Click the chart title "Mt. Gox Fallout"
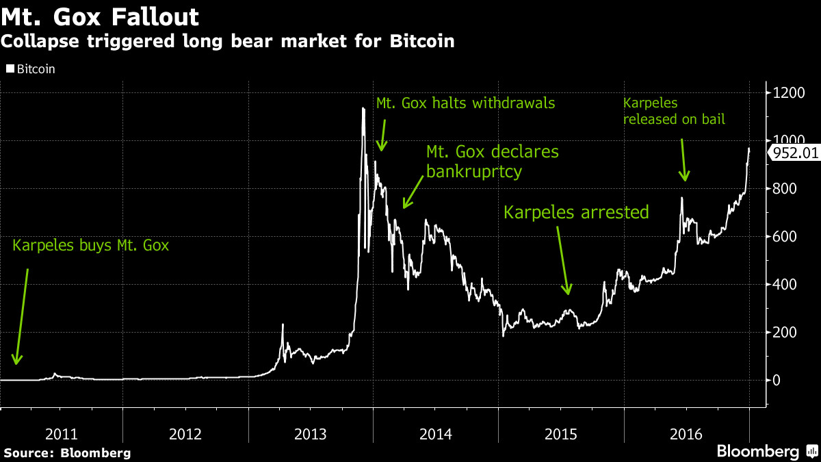tap(101, 16)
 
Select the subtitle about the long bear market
tap(227, 42)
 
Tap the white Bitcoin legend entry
tap(31, 69)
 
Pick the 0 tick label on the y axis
tap(777, 380)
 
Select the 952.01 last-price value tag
tap(795, 153)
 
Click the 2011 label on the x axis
tap(61, 434)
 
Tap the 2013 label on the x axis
tap(311, 434)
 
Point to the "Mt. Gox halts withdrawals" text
tap(465, 103)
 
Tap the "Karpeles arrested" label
tap(576, 212)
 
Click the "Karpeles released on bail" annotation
tap(674, 112)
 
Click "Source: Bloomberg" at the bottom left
tap(67, 452)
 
